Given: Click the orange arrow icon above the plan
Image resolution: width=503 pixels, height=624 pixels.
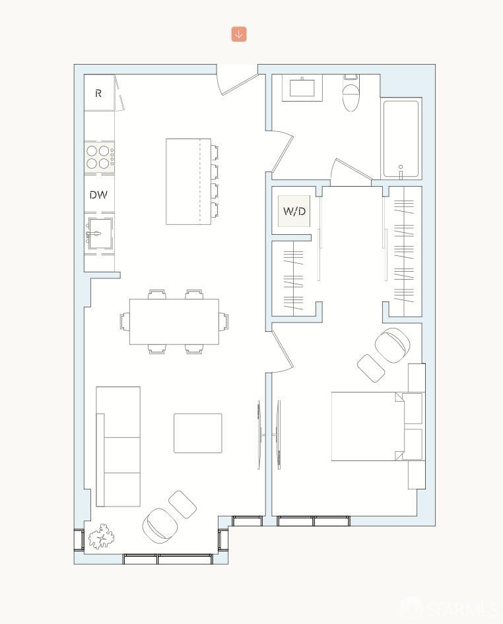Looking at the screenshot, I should tap(239, 34).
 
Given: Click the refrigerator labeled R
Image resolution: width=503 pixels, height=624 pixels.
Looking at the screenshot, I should tap(99, 93).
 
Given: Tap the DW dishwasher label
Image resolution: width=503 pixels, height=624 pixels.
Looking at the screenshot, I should tap(98, 195).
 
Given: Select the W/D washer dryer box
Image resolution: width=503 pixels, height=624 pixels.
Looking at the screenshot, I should tap(294, 211).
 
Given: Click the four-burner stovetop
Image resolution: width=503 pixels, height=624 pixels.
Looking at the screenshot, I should tap(98, 156).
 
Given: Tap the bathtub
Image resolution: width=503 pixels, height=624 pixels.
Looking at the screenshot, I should tap(401, 139).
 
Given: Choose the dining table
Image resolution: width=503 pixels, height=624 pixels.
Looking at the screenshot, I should tap(174, 322).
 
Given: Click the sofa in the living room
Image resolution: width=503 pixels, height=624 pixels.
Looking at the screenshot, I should tap(119, 447).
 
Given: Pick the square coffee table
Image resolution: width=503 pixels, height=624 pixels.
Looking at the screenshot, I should tap(197, 433).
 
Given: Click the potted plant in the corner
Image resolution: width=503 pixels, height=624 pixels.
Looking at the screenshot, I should tap(100, 536).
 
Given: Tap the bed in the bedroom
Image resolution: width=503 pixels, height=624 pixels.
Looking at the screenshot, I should tap(366, 427).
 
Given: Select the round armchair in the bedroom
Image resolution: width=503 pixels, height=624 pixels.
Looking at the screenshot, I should tap(392, 344).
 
